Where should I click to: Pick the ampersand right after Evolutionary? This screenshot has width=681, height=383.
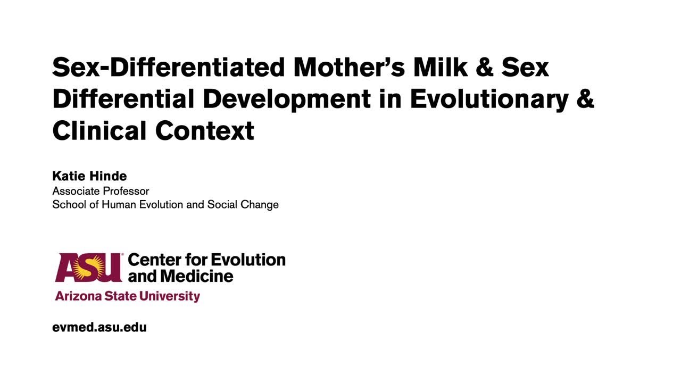click(x=585, y=99)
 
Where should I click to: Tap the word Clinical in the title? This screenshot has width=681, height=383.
click(x=99, y=130)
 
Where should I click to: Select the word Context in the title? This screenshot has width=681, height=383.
click(x=205, y=130)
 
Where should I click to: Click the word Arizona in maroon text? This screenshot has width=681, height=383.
click(x=74, y=296)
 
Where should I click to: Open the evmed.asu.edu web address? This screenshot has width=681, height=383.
click(x=99, y=327)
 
